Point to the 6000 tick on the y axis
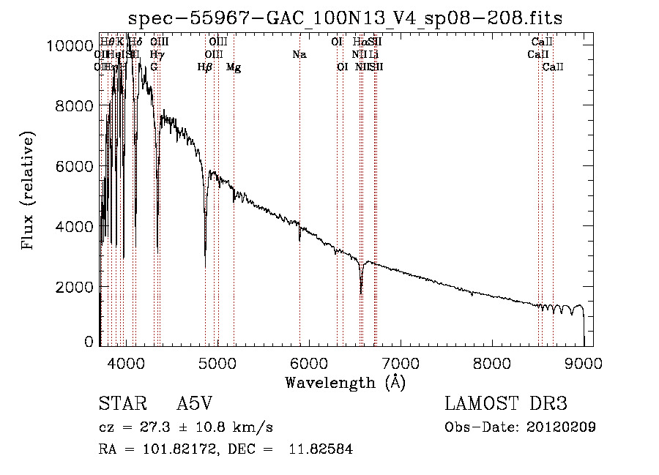pos(74,167)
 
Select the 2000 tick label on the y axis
pos(74,287)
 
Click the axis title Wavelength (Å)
pos(345,382)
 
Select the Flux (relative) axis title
pos(29,192)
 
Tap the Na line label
pos(299,54)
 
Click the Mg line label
pos(234,67)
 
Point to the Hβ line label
pos(205,67)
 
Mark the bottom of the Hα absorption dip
pos(361,293)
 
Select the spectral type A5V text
pos(196,405)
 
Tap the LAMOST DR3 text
pos(506,405)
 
